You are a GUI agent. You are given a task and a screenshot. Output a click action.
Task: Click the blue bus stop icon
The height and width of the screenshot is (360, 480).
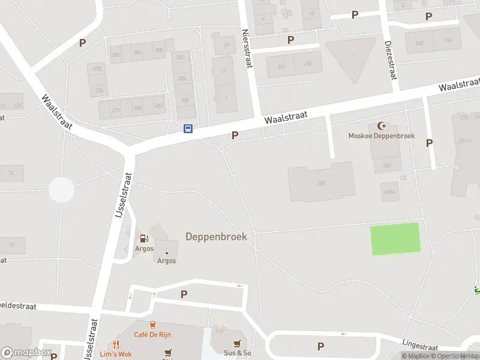[x=188, y=128]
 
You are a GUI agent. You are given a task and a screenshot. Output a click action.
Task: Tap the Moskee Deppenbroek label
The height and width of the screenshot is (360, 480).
[x=382, y=136]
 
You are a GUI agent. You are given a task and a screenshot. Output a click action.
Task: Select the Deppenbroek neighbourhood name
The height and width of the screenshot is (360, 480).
[x=216, y=236]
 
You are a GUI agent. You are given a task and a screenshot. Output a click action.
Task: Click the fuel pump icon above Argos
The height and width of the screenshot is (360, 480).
[x=144, y=239]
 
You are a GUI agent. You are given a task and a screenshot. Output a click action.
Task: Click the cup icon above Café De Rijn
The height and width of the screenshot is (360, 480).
[x=152, y=325]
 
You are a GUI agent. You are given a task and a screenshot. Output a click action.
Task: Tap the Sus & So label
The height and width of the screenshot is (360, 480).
[x=238, y=353]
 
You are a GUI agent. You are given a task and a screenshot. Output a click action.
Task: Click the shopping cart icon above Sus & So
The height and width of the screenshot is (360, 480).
[x=238, y=344]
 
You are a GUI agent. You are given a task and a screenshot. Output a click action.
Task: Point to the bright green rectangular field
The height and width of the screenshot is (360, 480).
[x=395, y=239]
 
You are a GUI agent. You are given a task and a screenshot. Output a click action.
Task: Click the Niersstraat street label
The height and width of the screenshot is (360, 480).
[x=245, y=49]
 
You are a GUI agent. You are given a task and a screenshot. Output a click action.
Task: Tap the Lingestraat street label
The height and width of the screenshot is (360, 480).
[x=421, y=344]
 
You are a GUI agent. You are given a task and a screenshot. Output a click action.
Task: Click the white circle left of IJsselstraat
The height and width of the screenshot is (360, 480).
[x=61, y=190]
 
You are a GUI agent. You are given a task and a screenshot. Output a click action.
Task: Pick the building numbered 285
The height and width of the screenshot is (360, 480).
[x=321, y=182]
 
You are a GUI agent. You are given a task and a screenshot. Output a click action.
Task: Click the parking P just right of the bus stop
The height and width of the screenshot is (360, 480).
[x=235, y=136]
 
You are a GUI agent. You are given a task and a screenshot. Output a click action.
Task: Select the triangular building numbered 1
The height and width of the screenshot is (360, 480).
[x=352, y=58]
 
